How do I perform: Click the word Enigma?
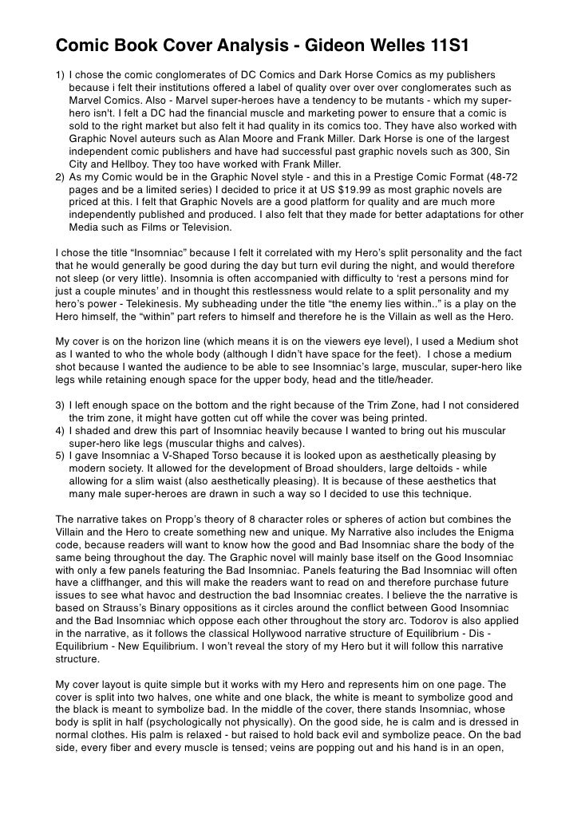point(496,532)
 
